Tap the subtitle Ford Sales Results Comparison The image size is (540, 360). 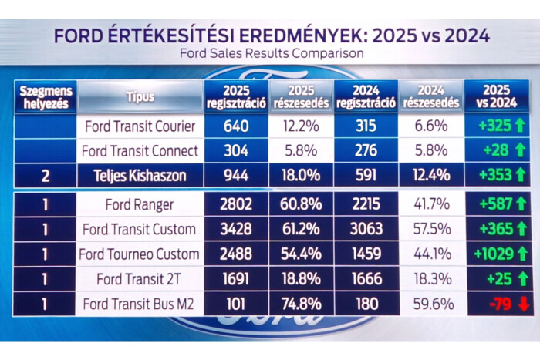pyautogui.click(x=271, y=54)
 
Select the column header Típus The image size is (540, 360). pyautogui.click(x=140, y=97)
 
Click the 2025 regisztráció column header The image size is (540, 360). pyautogui.click(x=235, y=97)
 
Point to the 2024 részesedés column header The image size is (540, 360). pyautogui.click(x=431, y=97)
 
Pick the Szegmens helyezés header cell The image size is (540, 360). pyautogui.click(x=45, y=97)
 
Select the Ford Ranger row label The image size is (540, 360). pyautogui.click(x=140, y=205)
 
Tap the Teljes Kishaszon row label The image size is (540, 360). pyautogui.click(x=140, y=176)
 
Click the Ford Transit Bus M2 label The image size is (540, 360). pyautogui.click(x=140, y=304)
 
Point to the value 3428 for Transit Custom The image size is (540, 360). pyautogui.click(x=235, y=230)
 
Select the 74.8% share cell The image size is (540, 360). pyautogui.click(x=299, y=304)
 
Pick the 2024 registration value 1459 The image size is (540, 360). pyautogui.click(x=366, y=254)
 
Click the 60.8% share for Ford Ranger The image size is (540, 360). pyautogui.click(x=299, y=205)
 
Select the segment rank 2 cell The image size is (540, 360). pyautogui.click(x=45, y=176)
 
